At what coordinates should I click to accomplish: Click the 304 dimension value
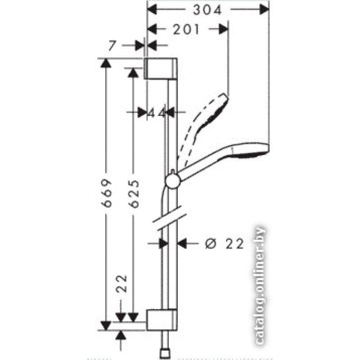[x=207, y=10]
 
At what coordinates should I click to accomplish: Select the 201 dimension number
[x=186, y=30]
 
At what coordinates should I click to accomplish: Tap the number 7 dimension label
[x=112, y=45]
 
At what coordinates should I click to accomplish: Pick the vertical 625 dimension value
[x=134, y=194]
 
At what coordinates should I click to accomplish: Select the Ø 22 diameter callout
[x=224, y=243]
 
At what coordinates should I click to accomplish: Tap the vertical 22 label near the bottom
[x=121, y=283]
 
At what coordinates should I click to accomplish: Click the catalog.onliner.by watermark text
[x=260, y=286]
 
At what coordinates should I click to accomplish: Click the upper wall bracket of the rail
[x=161, y=68]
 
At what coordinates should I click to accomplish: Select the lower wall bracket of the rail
[x=162, y=320]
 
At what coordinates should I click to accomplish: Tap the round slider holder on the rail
[x=173, y=181]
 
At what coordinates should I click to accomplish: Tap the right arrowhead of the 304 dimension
[x=264, y=10]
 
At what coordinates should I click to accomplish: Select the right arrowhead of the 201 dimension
[x=224, y=30]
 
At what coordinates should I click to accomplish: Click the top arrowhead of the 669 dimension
[x=105, y=63]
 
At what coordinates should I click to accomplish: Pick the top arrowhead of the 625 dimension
[x=133, y=73]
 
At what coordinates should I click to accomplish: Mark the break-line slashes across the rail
[x=169, y=218]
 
